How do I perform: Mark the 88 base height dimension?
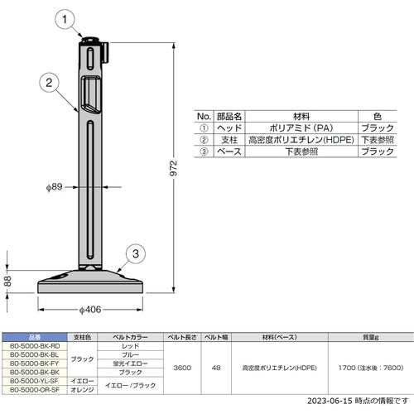coord(7,282)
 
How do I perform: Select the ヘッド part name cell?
coord(229,129)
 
